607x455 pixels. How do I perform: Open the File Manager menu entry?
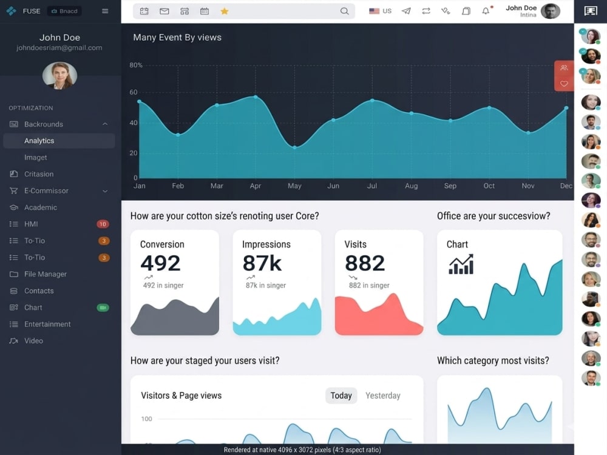(x=46, y=274)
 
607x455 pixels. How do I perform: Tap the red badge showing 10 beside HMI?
(x=103, y=224)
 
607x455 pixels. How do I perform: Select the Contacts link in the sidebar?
(x=39, y=291)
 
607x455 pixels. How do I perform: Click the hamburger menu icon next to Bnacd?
(x=105, y=11)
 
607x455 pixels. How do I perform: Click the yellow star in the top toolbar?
(x=224, y=11)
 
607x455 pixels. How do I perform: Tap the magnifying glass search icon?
(x=344, y=11)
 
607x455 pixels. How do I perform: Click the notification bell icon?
(x=486, y=11)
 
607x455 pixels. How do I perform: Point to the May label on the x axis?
(x=294, y=186)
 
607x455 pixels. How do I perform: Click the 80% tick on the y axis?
(x=136, y=65)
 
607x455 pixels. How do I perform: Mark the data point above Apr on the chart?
(x=256, y=96)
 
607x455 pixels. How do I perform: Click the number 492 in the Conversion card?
(x=160, y=263)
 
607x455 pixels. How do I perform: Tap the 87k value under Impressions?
(x=262, y=263)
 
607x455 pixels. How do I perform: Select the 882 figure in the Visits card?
(x=365, y=263)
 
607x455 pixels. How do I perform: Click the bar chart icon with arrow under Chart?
(x=461, y=265)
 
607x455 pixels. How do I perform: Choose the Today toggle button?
(x=341, y=396)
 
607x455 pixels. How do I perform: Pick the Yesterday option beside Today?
(x=383, y=396)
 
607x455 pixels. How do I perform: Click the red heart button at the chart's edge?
(x=564, y=84)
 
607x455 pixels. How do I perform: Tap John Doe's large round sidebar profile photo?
(x=59, y=75)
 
